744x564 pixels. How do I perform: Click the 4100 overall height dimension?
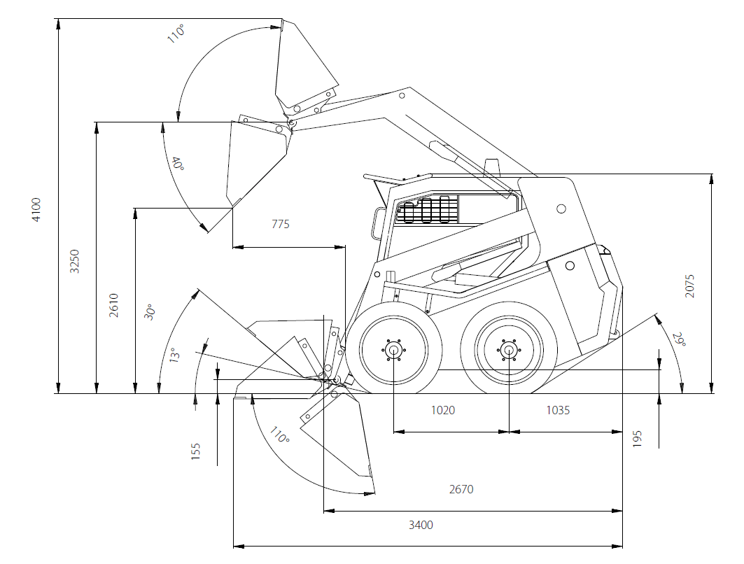tap(36, 210)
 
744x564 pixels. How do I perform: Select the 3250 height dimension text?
tap(75, 261)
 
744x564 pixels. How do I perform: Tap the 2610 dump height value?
tap(114, 305)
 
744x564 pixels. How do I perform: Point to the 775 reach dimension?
tap(280, 225)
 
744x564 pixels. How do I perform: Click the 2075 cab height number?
tap(690, 285)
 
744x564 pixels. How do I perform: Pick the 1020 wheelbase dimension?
tap(442, 410)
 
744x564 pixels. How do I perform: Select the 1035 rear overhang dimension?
tap(558, 410)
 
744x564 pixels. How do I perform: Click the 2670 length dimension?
tap(461, 489)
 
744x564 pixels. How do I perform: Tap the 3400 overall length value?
tap(421, 525)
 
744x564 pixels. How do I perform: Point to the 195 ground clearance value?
tap(637, 438)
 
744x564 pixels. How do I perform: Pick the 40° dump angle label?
tap(178, 164)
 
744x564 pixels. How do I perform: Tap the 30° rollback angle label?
tap(148, 312)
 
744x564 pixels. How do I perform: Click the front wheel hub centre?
tap(394, 350)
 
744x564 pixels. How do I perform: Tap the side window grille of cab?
tap(427, 210)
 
